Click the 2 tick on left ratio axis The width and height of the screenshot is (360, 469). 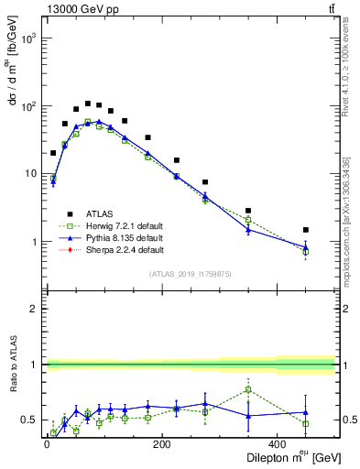pyautogui.click(x=35, y=309)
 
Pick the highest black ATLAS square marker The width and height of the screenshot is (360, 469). pyautogui.click(x=88, y=104)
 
